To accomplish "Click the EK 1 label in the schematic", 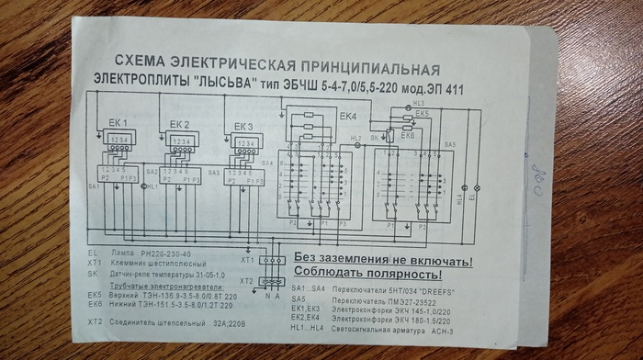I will click(x=118, y=122).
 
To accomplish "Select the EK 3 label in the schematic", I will click(x=243, y=126).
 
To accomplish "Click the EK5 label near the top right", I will click(x=422, y=114).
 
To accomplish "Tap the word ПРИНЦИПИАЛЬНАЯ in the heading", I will click(x=367, y=69).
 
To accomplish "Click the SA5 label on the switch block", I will click(x=450, y=145).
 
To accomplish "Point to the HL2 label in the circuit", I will click(x=356, y=138).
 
